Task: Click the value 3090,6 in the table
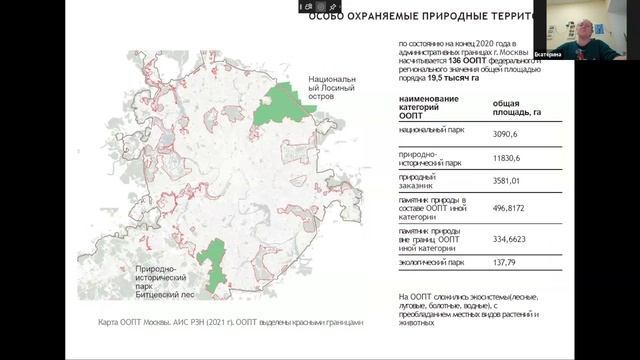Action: tap(508, 133)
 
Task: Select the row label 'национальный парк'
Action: tap(430, 131)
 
